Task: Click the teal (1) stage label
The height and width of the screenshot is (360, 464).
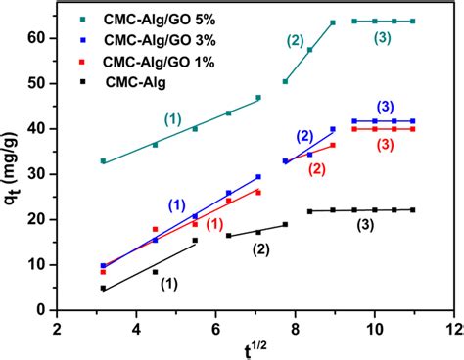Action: click(173, 118)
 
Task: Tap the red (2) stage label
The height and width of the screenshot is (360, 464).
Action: click(317, 169)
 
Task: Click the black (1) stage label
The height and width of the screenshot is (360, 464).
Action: click(168, 285)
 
